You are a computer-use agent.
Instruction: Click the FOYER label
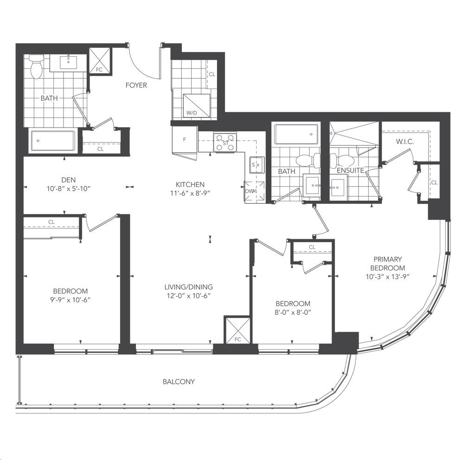point(136,85)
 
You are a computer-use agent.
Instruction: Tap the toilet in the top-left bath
point(37,67)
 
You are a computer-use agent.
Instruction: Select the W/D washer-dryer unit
point(197,105)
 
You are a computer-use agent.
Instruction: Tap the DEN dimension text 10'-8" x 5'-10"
point(69,189)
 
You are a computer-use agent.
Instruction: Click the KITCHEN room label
point(190,185)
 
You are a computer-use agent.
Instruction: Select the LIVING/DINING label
point(189,287)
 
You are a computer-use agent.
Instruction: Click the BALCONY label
point(179,382)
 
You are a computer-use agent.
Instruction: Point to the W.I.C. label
point(405,142)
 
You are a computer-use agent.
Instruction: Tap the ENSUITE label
point(351,171)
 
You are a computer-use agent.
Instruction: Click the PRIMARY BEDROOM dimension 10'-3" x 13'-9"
point(388,277)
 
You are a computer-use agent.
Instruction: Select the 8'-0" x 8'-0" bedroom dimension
point(293,312)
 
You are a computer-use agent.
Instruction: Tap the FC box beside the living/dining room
point(237,330)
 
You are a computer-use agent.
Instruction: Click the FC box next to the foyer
point(99,61)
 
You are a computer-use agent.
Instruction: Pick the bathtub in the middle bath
point(296,134)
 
